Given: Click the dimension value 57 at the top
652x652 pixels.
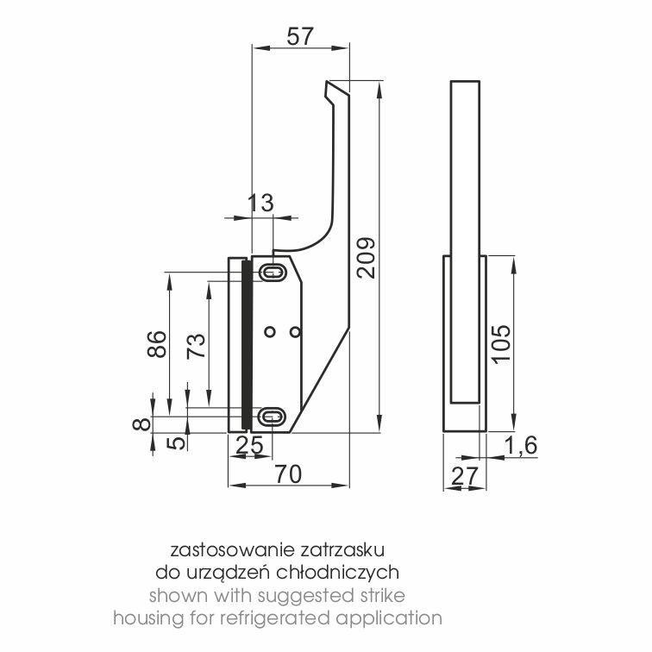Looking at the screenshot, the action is (x=299, y=36).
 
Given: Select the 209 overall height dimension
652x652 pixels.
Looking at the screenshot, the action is (x=366, y=258).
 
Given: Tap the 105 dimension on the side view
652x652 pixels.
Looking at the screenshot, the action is (x=500, y=344).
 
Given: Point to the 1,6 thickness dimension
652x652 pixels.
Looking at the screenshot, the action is (x=521, y=445).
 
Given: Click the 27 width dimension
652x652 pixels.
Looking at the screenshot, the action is (x=464, y=477).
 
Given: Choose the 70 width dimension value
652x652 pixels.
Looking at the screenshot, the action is (x=289, y=474).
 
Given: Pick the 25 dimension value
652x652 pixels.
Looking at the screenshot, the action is (x=249, y=445).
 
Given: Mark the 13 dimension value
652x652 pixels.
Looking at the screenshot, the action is (x=260, y=203).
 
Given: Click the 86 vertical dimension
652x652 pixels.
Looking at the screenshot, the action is (x=157, y=344).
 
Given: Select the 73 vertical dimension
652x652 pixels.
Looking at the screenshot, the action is (x=196, y=346).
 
